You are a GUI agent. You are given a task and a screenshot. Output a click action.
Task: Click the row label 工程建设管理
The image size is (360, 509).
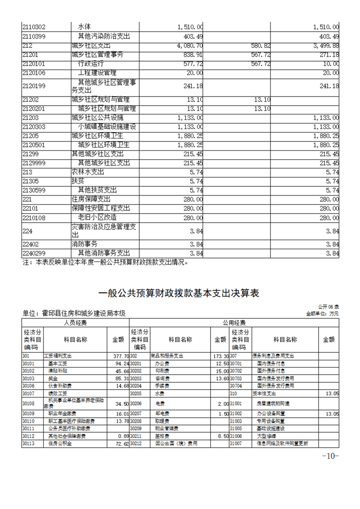point(97,73)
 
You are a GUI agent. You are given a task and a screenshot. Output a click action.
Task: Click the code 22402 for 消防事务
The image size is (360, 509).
point(31,244)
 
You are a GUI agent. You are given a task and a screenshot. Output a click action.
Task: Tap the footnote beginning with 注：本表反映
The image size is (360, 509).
point(105,262)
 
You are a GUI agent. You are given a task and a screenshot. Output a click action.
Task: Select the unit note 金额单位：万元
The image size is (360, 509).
point(322,313)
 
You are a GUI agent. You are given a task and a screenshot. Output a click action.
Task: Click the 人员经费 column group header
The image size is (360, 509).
point(75,323)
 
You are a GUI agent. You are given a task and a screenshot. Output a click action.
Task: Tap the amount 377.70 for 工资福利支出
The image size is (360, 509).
point(121,356)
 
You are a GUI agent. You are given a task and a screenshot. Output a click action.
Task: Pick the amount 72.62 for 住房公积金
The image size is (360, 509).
point(122,444)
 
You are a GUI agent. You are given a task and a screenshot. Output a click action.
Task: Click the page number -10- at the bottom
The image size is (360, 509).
point(330,456)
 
